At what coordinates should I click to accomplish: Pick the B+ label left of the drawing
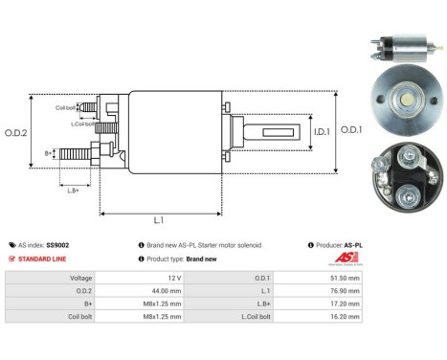click(49, 152)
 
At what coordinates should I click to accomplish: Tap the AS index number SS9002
click(58, 245)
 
